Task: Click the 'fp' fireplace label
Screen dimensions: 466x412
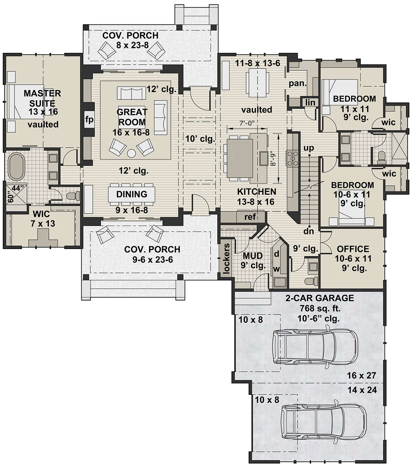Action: pos(89,120)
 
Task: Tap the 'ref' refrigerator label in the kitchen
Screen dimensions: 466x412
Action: pos(250,217)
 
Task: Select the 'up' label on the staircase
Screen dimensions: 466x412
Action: pos(309,148)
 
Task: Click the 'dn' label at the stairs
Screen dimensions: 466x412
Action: pos(309,231)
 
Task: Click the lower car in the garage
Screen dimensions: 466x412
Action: pos(323,421)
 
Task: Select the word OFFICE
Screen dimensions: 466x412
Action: pos(353,249)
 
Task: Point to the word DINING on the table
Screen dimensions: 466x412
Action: pos(131,194)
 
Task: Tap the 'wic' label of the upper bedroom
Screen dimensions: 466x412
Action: pos(389,122)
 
